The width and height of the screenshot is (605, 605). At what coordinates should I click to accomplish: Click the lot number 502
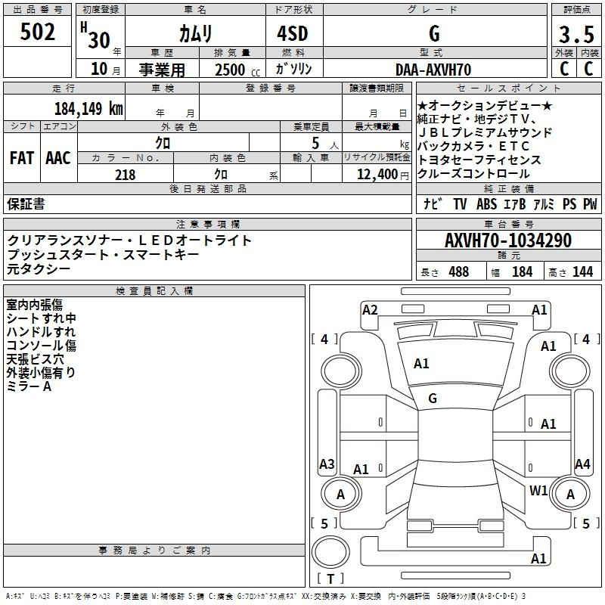point(37,32)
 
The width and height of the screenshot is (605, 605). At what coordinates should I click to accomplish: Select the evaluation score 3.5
point(576,35)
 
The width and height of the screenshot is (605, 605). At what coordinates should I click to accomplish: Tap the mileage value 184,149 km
point(88,108)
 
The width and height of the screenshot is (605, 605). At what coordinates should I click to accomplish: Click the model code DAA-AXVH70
point(433,70)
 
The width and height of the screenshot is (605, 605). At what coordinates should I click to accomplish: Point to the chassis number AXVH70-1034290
point(508,240)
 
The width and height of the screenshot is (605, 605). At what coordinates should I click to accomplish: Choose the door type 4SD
point(293,33)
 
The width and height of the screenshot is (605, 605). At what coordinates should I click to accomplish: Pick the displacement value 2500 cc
point(237,70)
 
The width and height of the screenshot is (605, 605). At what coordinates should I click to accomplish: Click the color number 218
point(125,175)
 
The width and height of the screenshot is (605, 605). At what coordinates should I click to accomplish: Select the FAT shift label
point(22,158)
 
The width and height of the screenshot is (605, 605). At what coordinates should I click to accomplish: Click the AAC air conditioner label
point(58,158)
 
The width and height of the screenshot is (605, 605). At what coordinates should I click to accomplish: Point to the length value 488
point(459,271)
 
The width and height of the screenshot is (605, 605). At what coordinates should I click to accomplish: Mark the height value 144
point(582,271)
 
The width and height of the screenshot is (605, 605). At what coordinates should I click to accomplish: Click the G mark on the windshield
point(433,399)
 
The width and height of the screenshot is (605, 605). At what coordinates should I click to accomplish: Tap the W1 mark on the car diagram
point(538,490)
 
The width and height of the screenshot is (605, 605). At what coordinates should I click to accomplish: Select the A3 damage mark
point(327,464)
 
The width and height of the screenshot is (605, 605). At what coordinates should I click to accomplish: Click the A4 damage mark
point(582,464)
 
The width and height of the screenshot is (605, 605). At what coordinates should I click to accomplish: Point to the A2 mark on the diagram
point(370,310)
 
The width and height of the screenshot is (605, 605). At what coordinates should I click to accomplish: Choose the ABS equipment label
point(486,204)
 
